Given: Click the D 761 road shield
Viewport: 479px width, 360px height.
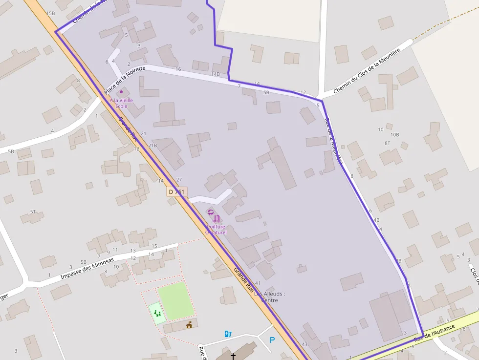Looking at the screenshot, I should click(x=176, y=192).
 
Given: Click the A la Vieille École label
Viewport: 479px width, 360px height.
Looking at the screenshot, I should click(x=121, y=103).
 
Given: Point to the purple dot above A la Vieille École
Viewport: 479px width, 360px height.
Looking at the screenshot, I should click(x=121, y=91).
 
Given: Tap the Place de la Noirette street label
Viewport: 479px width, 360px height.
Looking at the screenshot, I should click(x=125, y=81).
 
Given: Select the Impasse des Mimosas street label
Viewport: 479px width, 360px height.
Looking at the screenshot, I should click(x=87, y=269).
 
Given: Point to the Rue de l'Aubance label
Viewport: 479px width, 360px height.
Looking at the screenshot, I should click(x=435, y=333).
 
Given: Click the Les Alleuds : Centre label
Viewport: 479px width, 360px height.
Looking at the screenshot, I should click(x=269, y=297).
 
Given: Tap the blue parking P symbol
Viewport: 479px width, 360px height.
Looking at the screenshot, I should click(x=272, y=340).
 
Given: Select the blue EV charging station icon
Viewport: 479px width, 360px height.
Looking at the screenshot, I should click(x=227, y=334).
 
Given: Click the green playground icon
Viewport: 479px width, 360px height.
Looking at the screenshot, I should click(x=157, y=313).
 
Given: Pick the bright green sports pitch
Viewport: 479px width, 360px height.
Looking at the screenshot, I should click(x=176, y=301).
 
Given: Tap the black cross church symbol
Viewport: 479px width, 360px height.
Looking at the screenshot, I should click(x=233, y=357).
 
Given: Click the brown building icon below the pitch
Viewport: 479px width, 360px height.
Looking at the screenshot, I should click(x=189, y=324).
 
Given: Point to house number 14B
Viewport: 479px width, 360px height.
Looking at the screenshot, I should click(x=216, y=74).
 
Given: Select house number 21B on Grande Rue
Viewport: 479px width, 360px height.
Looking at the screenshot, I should click(x=152, y=145).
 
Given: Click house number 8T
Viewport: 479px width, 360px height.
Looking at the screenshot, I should click(x=387, y=143).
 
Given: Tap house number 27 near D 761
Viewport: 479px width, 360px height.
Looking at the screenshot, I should click(x=179, y=180).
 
